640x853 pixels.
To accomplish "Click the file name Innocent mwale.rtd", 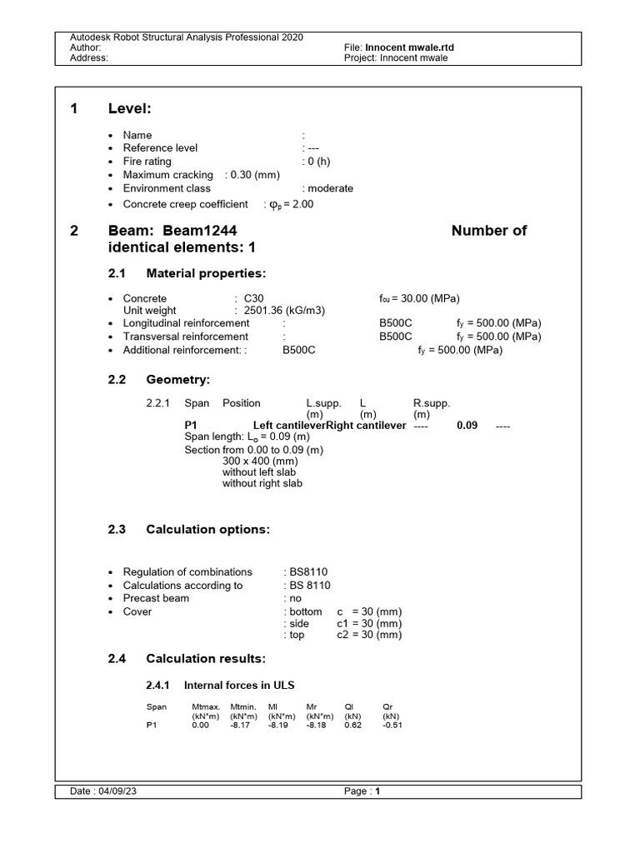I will (410, 48).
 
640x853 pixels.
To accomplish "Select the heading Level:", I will (129, 109).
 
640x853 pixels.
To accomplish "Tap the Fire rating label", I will (147, 162).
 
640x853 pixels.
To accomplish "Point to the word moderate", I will (331, 188).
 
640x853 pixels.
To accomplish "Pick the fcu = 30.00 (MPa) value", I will (418, 298).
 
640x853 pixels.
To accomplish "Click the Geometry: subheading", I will (178, 380).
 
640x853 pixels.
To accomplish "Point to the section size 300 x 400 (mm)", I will (260, 460).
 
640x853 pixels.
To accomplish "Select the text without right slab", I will (262, 483).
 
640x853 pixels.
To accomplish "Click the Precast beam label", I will (156, 598).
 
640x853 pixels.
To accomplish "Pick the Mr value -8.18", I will (317, 726).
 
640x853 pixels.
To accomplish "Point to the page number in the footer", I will (377, 792).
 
